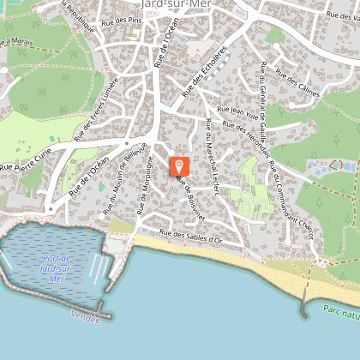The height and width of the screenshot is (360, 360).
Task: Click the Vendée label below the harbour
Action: tap(86, 318)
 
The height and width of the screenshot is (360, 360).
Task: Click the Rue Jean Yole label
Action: tap(238, 110)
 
